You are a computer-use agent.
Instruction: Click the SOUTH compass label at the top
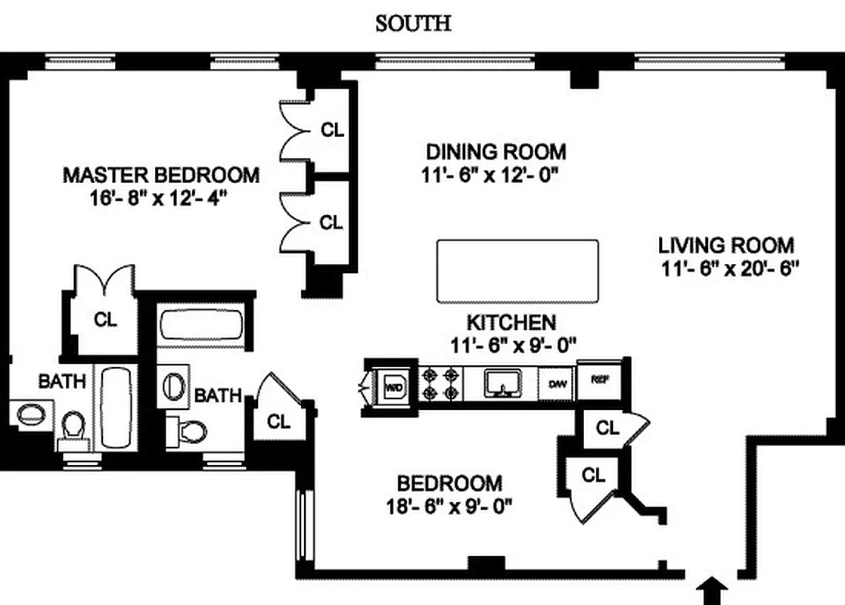(413, 23)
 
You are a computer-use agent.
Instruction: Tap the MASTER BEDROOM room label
(160, 175)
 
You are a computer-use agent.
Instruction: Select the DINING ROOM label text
(496, 151)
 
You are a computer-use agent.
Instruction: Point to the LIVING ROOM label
(726, 245)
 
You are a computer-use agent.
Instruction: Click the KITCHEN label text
(511, 322)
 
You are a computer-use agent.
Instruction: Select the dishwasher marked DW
(558, 384)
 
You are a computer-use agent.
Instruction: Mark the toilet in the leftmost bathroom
(73, 427)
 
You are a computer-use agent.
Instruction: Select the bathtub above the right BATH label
(200, 327)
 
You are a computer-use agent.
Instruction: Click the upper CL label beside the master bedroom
(332, 129)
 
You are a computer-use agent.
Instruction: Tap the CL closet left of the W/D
(278, 421)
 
